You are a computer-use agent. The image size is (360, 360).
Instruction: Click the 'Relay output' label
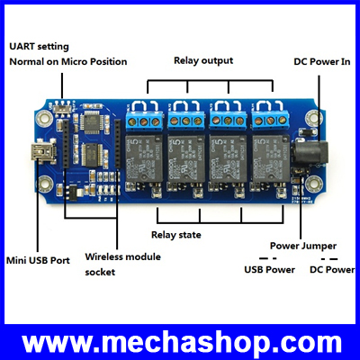[203, 60]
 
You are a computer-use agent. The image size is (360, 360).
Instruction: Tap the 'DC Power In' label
[322, 62]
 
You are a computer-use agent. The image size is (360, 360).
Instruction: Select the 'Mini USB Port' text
[38, 260]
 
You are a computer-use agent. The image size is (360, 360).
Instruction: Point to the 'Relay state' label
[176, 235]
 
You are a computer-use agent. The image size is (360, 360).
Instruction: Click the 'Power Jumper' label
[303, 246]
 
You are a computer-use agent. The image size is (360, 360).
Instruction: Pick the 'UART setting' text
[39, 47]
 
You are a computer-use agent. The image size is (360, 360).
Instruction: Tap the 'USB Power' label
[269, 269]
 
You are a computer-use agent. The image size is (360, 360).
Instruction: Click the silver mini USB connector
[40, 152]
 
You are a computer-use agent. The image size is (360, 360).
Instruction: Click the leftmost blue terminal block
[143, 121]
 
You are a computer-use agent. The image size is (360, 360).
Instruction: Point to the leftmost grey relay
[144, 158]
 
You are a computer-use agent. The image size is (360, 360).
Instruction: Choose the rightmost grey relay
[271, 158]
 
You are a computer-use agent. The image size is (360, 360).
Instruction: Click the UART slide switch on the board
[63, 107]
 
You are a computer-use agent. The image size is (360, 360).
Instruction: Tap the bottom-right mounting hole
[314, 182]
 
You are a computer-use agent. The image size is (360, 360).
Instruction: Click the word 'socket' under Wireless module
[100, 273]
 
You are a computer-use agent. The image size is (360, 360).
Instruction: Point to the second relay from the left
[186, 158]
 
